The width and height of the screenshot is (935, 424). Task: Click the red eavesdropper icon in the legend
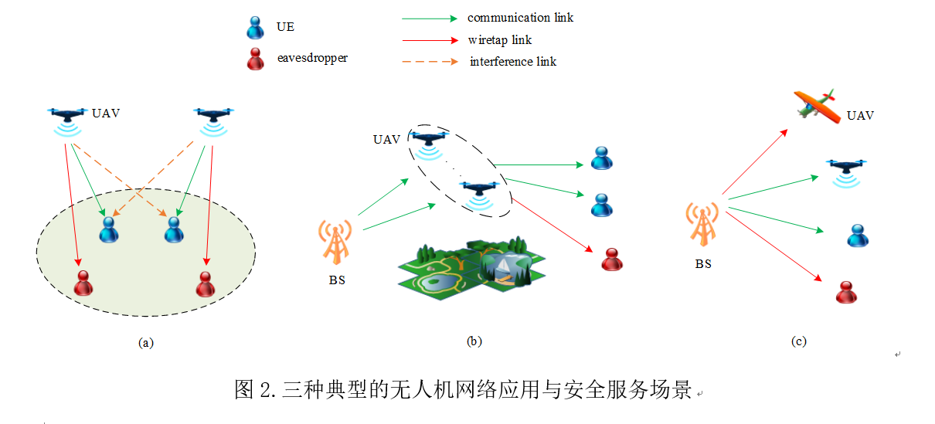tap(255, 59)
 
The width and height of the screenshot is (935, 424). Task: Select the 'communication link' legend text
tap(520, 17)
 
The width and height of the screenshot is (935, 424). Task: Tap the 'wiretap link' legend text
tap(499, 39)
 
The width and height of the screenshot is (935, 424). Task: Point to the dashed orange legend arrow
tap(429, 62)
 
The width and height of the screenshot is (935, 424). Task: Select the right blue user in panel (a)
tap(173, 229)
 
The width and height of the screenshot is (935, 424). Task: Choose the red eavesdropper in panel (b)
tap(611, 259)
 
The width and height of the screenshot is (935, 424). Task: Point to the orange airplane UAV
tap(817, 107)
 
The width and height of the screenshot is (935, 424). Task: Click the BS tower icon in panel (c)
tap(702, 225)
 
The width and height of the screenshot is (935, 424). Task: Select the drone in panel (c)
tap(845, 170)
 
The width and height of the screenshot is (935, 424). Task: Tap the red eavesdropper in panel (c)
tap(847, 291)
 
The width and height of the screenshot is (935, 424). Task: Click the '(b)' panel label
tap(474, 341)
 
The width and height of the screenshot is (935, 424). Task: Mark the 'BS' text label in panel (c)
tap(702, 263)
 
